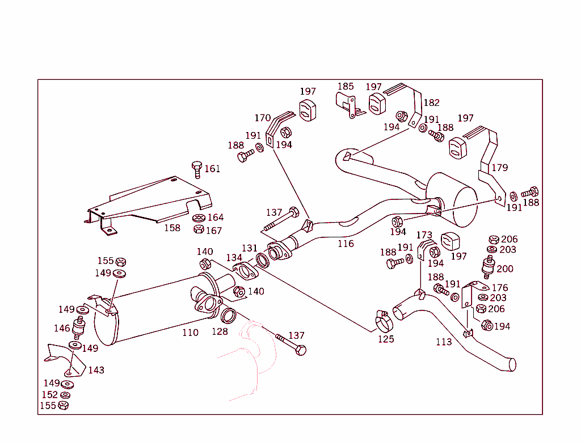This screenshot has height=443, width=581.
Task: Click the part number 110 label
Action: click(x=190, y=333)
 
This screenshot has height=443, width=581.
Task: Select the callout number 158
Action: click(x=172, y=228)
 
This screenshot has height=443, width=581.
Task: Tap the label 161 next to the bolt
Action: click(x=212, y=169)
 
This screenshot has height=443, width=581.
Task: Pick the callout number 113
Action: click(x=444, y=342)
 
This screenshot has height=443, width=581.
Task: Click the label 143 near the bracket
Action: click(x=96, y=370)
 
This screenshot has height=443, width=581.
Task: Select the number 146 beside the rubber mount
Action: click(x=62, y=328)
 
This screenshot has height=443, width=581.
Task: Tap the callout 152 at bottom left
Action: click(x=49, y=395)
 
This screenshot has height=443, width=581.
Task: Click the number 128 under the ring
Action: click(x=220, y=331)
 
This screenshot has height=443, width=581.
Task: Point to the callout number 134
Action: click(x=234, y=258)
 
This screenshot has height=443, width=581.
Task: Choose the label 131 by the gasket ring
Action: click(x=250, y=248)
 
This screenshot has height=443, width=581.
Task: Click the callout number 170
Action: click(x=262, y=118)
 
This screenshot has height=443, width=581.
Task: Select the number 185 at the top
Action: click(x=346, y=87)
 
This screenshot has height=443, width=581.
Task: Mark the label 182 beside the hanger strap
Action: click(x=431, y=103)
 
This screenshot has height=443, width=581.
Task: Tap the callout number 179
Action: click(x=500, y=168)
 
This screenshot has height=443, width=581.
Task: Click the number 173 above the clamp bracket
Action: click(x=424, y=235)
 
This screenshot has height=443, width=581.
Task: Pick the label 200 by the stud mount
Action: click(x=504, y=269)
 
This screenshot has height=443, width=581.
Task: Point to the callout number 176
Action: click(x=500, y=288)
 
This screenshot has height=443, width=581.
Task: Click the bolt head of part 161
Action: click(x=196, y=165)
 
